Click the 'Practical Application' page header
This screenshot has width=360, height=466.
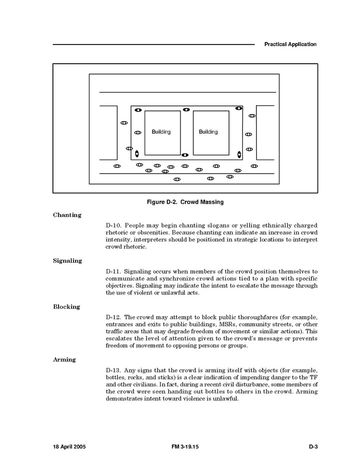click(x=290, y=45)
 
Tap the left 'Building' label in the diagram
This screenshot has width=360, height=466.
click(x=161, y=132)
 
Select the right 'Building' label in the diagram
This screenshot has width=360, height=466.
click(x=208, y=132)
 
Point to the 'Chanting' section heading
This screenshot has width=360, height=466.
click(x=67, y=215)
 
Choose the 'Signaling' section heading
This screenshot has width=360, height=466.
click(x=67, y=261)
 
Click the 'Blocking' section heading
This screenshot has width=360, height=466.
click(x=66, y=307)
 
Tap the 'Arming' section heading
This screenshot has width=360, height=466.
click(x=64, y=359)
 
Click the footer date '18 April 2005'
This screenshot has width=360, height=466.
click(x=70, y=446)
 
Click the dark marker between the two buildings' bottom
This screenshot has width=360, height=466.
click(x=185, y=155)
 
